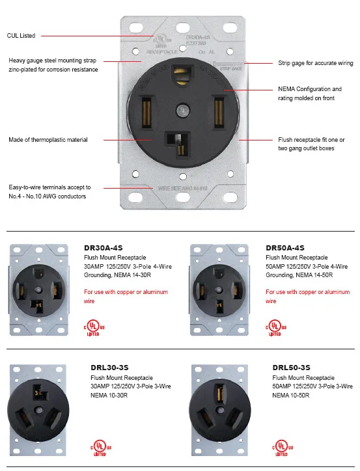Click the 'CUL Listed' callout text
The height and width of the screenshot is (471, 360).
(x=22, y=35)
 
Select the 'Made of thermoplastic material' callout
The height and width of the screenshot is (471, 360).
(x=48, y=140)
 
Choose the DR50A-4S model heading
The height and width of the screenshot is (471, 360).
(x=285, y=248)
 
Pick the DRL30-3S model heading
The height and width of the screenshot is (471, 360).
(x=109, y=368)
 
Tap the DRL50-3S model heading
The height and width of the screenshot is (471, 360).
(x=291, y=368)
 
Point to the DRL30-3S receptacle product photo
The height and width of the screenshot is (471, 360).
(x=40, y=409)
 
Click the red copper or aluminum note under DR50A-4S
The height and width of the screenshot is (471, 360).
(x=307, y=297)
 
